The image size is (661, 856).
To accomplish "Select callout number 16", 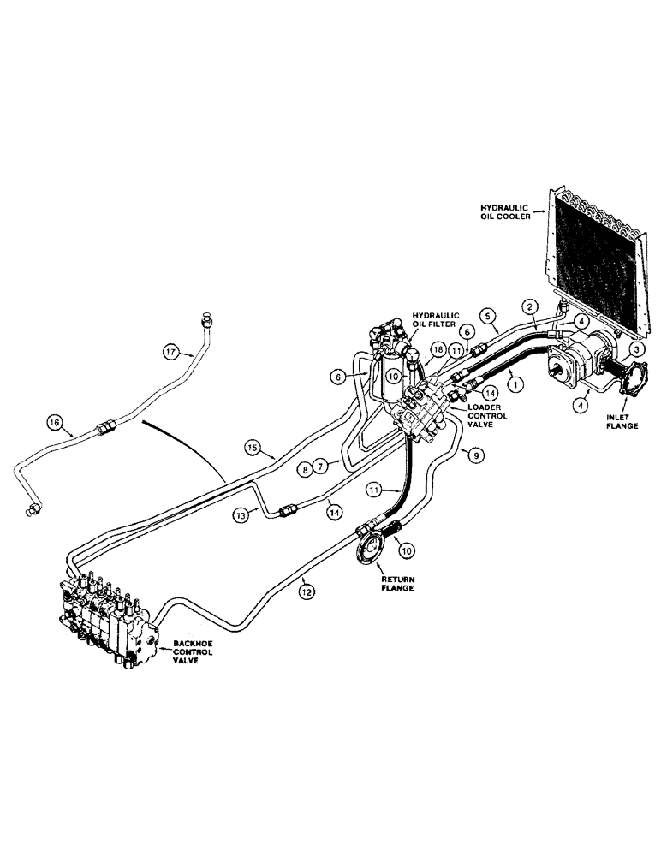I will point(56,422).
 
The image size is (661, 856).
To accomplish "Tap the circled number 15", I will point(252,447).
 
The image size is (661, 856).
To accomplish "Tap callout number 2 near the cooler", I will point(530,306).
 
